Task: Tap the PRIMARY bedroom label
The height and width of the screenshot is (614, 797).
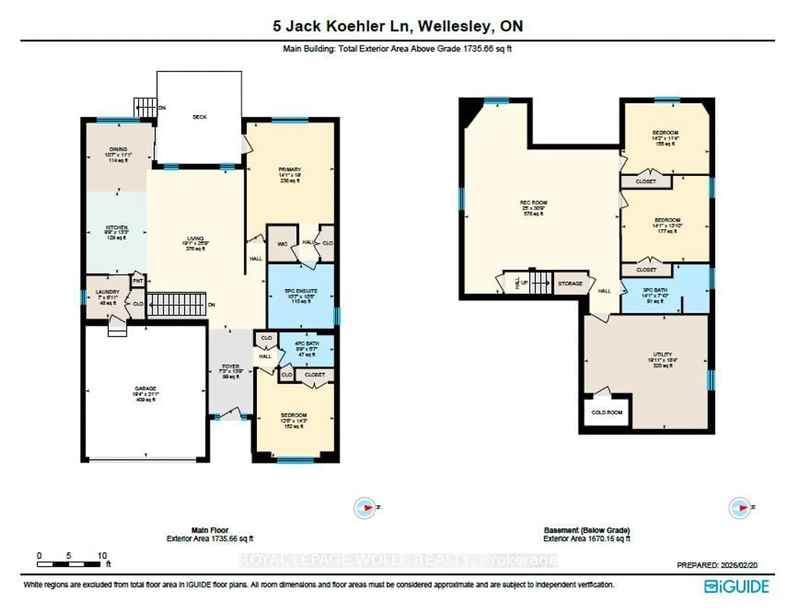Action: coord(290,169)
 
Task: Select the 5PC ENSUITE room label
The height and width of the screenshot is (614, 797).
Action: coord(301,291)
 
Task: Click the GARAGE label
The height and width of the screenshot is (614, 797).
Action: coord(146,388)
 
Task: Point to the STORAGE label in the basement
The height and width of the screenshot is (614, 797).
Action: coord(570,283)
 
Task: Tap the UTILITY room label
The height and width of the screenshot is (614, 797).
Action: coord(662,355)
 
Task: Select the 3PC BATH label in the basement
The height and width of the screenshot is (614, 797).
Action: coord(655,290)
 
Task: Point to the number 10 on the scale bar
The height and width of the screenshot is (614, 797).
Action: coord(102,556)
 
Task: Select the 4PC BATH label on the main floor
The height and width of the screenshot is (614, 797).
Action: coord(307,344)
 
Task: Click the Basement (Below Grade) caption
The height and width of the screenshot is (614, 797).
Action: coord(587,530)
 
